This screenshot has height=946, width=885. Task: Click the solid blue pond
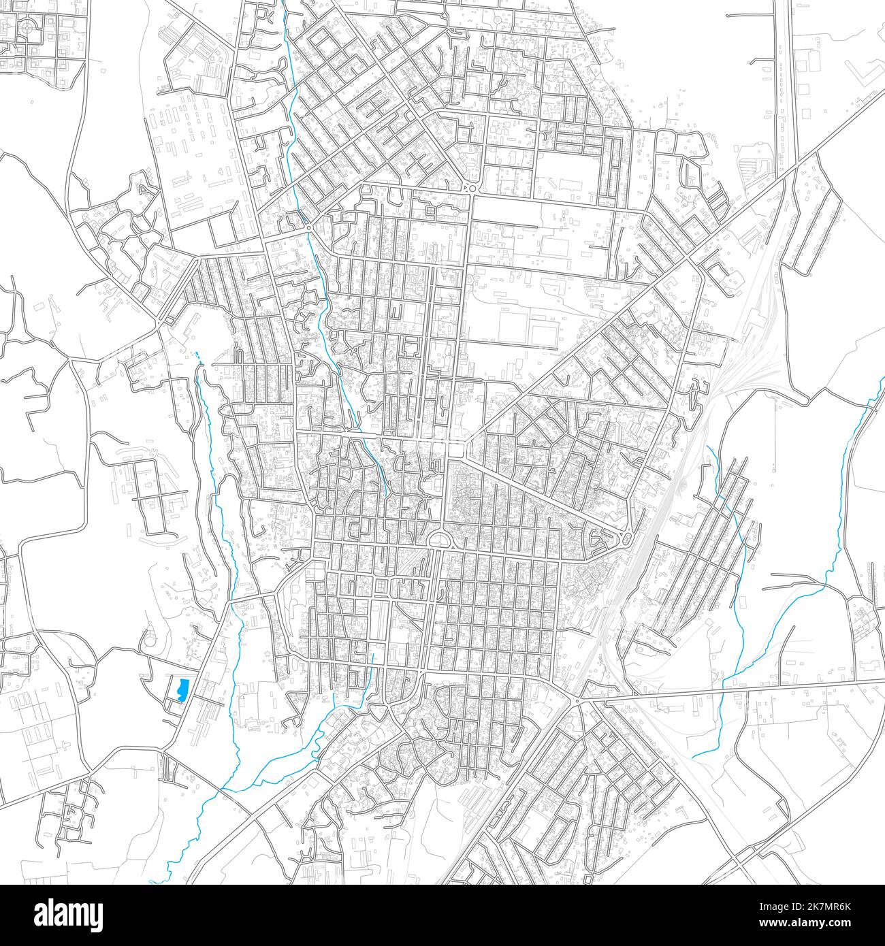(x=182, y=689)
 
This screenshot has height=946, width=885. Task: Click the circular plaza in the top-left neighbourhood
(x=28, y=27)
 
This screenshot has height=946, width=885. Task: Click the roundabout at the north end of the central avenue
(x=470, y=188)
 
